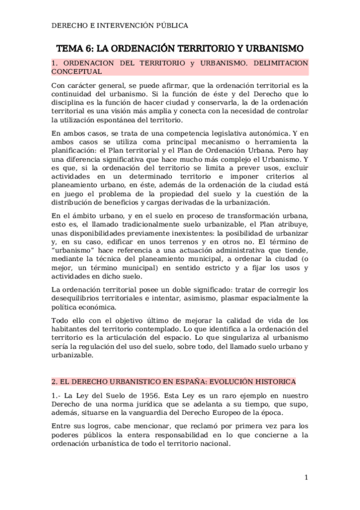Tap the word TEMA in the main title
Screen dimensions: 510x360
pyautogui.click(x=69, y=48)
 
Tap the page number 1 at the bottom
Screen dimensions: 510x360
pyautogui.click(x=306, y=478)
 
